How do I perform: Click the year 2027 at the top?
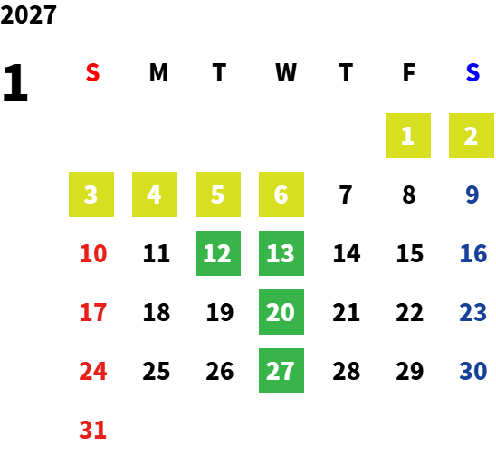pos(28,14)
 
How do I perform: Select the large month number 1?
pos(15,83)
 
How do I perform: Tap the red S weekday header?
pos(92,72)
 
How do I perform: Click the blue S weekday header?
pos(472,72)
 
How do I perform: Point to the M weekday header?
pos(158,72)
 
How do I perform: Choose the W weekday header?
pos(286,72)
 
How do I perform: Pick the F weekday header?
pos(409,72)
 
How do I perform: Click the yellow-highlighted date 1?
pos(408,136)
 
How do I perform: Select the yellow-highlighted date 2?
pos(472,136)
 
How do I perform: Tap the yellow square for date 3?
pos(91,194)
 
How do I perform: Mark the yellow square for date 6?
pos(281,194)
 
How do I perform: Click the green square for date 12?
pos(218,253)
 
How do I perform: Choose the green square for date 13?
pos(281,253)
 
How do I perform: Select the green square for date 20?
pos(281,312)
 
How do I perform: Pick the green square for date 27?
pos(281,371)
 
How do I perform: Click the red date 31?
pos(92,430)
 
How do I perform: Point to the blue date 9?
pos(472,194)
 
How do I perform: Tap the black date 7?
pos(346,194)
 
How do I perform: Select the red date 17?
pos(93,312)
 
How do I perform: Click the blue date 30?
pos(472,371)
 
